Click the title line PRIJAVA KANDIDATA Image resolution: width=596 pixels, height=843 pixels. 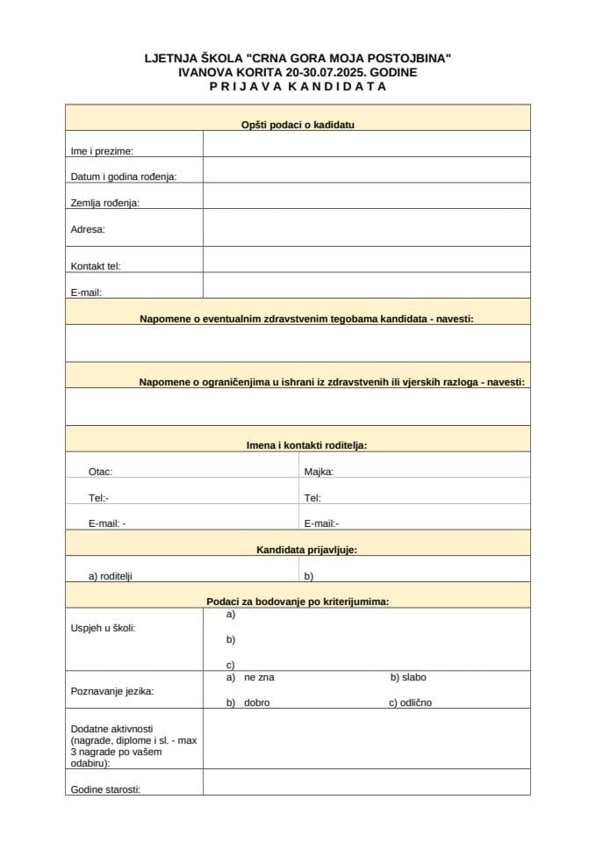(298, 86)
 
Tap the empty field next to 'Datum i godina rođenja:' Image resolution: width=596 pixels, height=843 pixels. (366, 170)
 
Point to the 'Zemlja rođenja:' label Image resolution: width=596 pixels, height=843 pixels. (105, 203)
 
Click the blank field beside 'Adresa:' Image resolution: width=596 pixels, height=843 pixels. (366, 227)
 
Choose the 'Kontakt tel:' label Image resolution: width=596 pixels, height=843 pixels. (96, 265)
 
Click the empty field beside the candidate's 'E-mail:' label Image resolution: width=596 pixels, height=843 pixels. (366, 285)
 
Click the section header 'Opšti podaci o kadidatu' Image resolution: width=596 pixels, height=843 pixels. (298, 125)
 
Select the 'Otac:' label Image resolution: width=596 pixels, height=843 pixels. (100, 472)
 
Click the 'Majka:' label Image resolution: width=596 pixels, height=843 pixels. (319, 472)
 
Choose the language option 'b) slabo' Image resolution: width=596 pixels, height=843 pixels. (408, 677)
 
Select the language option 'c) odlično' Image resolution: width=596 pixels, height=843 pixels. (411, 702)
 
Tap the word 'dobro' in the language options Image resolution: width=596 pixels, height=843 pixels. (256, 702)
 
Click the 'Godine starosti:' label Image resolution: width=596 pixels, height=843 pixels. (105, 789)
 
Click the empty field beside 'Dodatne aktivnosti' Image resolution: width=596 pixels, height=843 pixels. (366, 739)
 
